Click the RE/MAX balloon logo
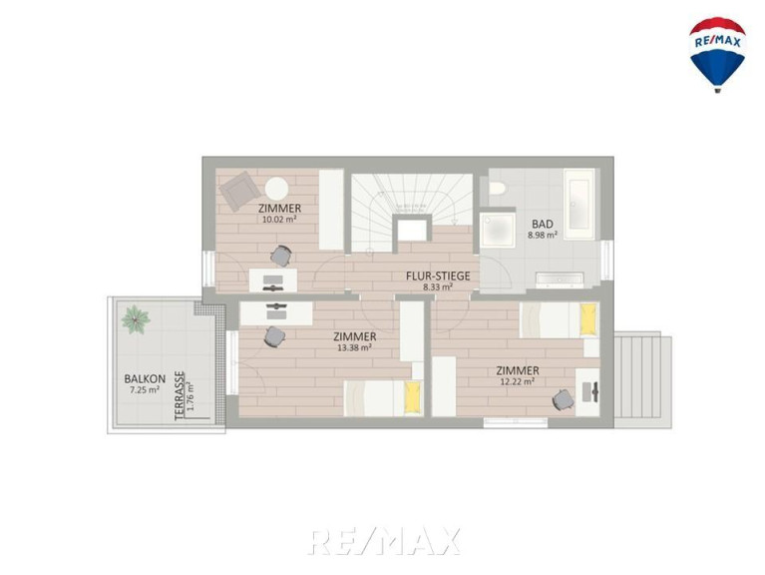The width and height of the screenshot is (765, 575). click(717, 55)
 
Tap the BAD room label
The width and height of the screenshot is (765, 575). click(543, 224)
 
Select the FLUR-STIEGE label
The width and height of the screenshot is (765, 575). click(438, 276)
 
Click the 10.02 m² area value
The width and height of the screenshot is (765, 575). click(279, 220)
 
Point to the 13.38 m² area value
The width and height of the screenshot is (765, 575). click(355, 348)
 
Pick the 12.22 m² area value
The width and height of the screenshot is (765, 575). click(518, 381)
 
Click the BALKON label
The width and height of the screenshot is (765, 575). click(145, 378)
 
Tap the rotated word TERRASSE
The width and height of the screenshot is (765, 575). click(180, 396)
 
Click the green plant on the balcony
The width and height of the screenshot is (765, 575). click(135, 319)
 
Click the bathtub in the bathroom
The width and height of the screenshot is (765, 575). click(579, 204)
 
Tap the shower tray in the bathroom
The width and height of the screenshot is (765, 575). click(497, 229)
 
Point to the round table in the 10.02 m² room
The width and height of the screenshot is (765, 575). click(276, 189)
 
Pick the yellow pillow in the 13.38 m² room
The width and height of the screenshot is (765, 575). click(413, 398)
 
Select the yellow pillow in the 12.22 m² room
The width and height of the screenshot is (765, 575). click(588, 319)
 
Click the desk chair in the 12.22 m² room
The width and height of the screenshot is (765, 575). click(563, 399)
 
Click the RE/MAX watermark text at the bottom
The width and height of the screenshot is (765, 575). click(384, 541)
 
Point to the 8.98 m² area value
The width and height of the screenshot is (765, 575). click(542, 236)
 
